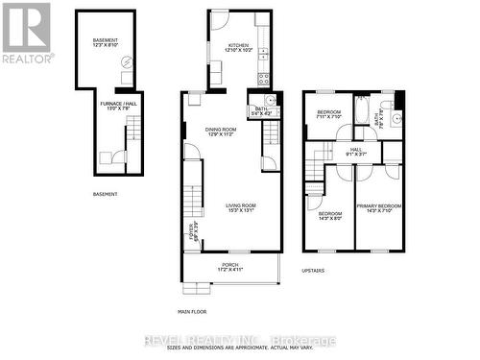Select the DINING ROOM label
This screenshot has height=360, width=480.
click(220, 129)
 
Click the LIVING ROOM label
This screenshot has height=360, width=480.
click(241, 204)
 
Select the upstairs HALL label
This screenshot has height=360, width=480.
click(355, 150)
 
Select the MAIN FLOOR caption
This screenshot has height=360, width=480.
click(191, 311)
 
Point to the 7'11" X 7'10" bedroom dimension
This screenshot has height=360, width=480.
click(328, 118)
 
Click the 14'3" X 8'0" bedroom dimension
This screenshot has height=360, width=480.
click(329, 218)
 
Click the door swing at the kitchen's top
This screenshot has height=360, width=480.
click(220, 21)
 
